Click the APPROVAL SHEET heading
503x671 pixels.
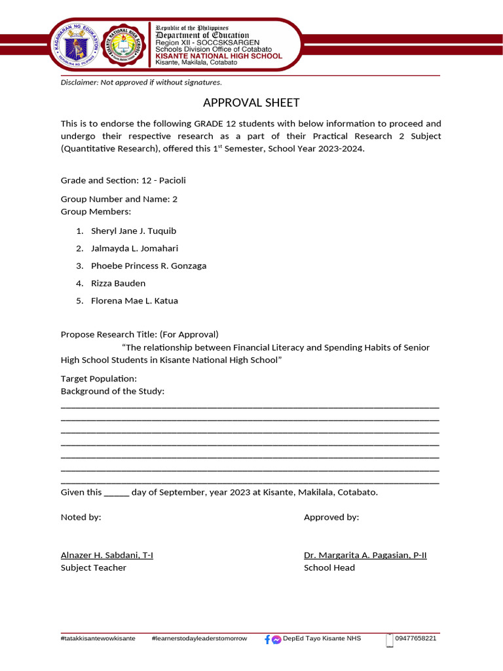click(x=251, y=103)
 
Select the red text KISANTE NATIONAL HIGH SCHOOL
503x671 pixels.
click(x=218, y=56)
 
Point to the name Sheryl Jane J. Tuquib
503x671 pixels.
click(x=134, y=231)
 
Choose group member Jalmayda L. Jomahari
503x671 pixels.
click(x=134, y=248)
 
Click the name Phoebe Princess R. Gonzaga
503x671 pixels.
click(x=149, y=266)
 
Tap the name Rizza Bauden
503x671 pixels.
click(x=118, y=283)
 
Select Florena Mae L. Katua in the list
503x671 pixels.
click(x=134, y=301)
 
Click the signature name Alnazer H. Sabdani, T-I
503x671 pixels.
click(x=107, y=556)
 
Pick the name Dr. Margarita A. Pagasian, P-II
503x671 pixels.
click(x=365, y=556)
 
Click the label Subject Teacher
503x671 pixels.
click(x=94, y=568)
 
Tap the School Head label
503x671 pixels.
click(x=329, y=568)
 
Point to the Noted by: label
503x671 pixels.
click(x=81, y=518)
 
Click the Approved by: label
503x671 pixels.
click(x=331, y=518)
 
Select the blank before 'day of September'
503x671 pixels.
click(x=117, y=493)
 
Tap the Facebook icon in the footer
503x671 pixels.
click(x=267, y=640)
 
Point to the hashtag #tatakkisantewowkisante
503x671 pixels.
click(x=98, y=638)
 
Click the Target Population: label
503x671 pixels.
click(x=99, y=379)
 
